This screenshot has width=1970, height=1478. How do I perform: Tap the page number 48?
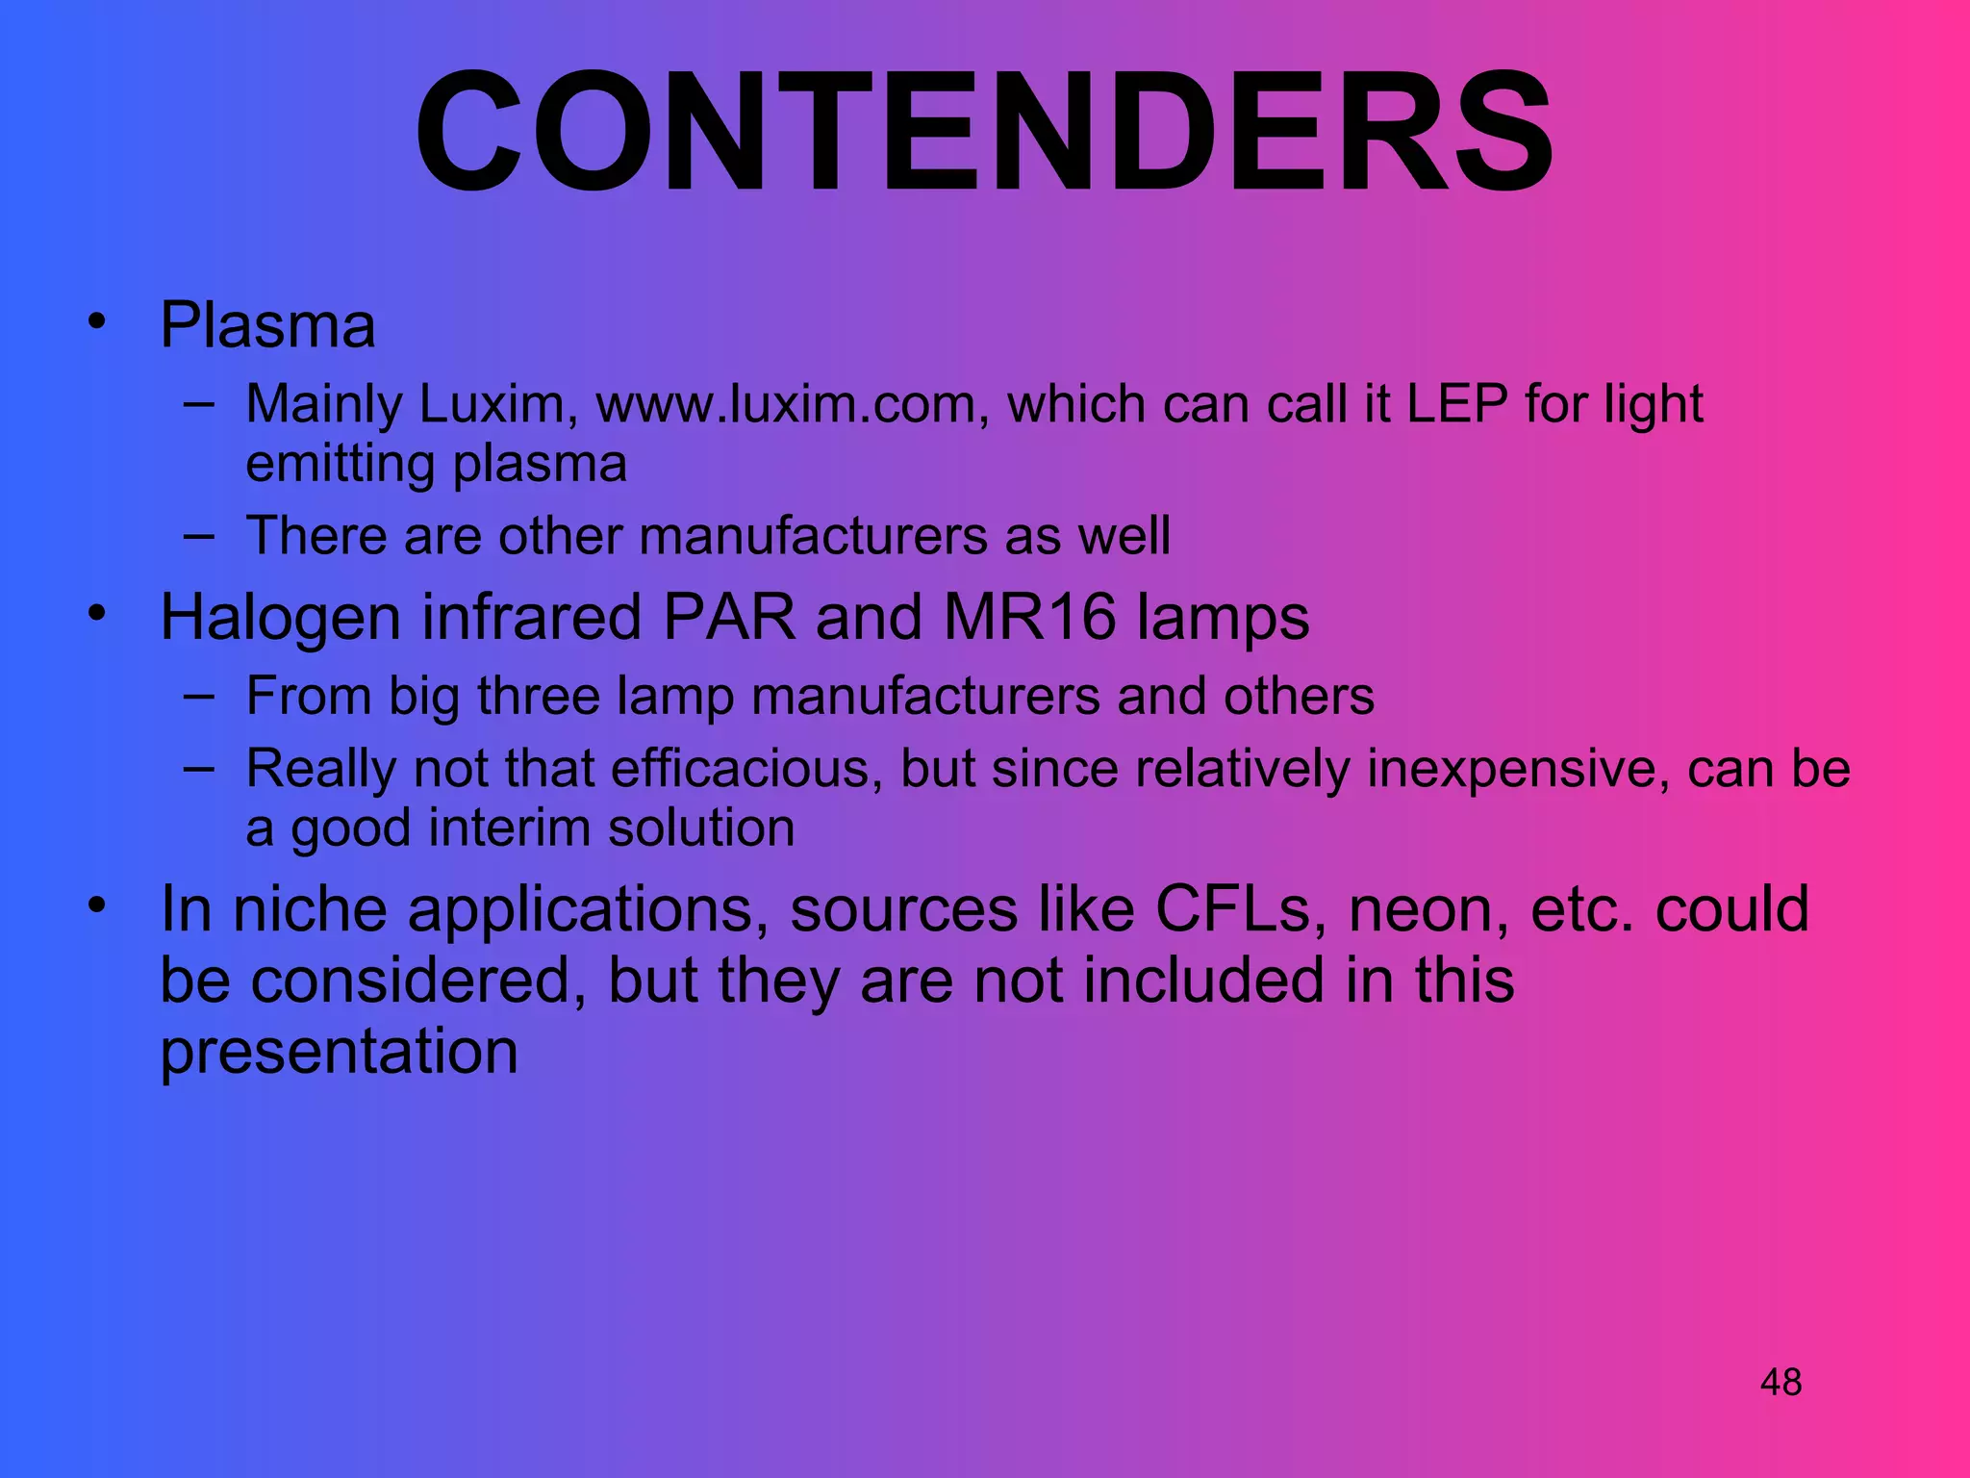pyautogui.click(x=1781, y=1383)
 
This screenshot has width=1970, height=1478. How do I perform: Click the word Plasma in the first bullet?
pyautogui.click(x=267, y=325)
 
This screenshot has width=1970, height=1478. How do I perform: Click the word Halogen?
pyautogui.click(x=280, y=618)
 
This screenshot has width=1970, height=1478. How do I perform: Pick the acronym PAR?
pyautogui.click(x=729, y=617)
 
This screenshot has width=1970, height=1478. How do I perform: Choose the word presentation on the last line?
pyautogui.click(x=339, y=1052)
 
